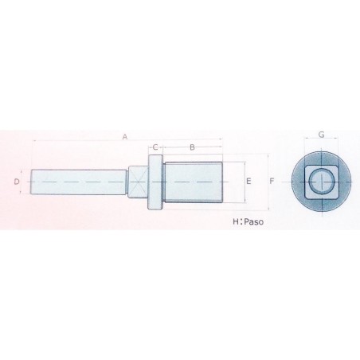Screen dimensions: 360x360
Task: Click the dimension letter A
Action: click(125, 137)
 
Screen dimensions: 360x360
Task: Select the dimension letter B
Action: click(192, 148)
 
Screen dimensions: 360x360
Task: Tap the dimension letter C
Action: click(155, 148)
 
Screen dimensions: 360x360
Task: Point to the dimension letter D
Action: click(17, 182)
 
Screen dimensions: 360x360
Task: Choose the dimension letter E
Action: click(249, 182)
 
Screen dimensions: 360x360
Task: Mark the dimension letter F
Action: click(272, 182)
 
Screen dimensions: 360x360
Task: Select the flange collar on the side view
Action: click(155, 183)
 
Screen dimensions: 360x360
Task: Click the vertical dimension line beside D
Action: click(24, 182)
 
